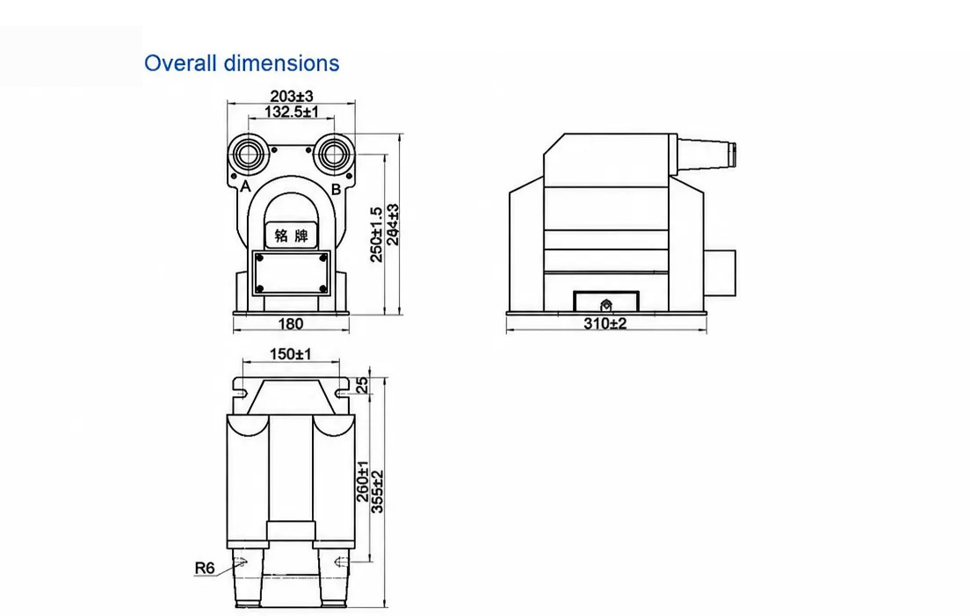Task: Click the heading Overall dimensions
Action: (x=242, y=63)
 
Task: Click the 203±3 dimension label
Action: (x=292, y=96)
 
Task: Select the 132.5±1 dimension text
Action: (x=292, y=112)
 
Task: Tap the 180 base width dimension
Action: (x=291, y=323)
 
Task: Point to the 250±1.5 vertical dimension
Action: (x=376, y=235)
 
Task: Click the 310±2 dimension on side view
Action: (x=605, y=323)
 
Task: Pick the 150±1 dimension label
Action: (x=291, y=354)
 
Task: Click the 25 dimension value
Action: (x=362, y=385)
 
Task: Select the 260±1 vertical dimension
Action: (x=363, y=482)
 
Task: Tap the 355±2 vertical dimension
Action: (x=377, y=492)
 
